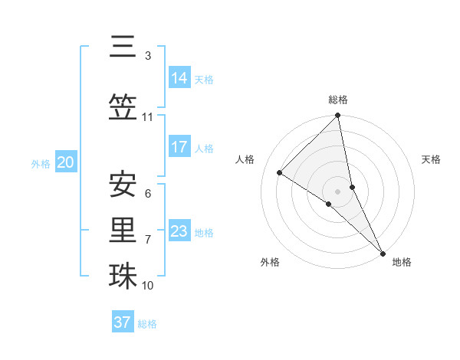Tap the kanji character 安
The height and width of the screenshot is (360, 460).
[x=123, y=184]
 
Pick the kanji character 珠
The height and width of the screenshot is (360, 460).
[x=123, y=276]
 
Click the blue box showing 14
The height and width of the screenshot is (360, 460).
[x=179, y=78]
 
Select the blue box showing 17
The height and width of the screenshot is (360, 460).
[x=179, y=147]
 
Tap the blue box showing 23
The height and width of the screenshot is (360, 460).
[x=179, y=231]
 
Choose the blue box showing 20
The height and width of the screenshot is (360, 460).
[x=66, y=162]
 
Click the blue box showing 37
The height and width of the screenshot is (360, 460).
[x=123, y=322]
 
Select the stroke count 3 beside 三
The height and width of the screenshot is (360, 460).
[x=147, y=55]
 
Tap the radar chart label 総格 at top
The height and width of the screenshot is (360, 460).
[x=338, y=100]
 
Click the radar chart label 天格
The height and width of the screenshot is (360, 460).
[x=431, y=159]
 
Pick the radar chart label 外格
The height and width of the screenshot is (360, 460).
[x=270, y=262]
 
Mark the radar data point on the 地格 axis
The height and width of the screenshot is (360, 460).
[x=383, y=252]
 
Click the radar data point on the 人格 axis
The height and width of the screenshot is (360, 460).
[x=280, y=172]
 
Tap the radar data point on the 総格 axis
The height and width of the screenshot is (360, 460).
[x=338, y=116]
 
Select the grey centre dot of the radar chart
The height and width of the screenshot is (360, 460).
[x=338, y=191]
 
